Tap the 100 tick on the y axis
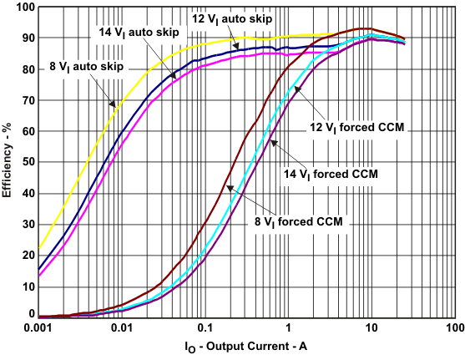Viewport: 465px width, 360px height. tap(24, 8)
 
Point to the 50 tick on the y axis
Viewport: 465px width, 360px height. tap(27, 162)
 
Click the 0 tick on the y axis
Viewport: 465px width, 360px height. tap(30, 315)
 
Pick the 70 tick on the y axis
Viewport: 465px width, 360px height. tap(27, 100)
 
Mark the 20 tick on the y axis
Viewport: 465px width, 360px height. tap(27, 255)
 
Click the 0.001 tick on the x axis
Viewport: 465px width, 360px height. tap(39, 327)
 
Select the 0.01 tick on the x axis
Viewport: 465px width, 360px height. tap(122, 327)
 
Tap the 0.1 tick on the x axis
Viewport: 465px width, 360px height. tap(205, 327)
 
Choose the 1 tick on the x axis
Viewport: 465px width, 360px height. tap(288, 327)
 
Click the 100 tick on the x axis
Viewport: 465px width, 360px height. tap(453, 327)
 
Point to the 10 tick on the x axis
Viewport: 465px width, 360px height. tap(371, 327)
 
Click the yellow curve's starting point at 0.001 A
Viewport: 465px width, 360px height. tap(39, 248)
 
